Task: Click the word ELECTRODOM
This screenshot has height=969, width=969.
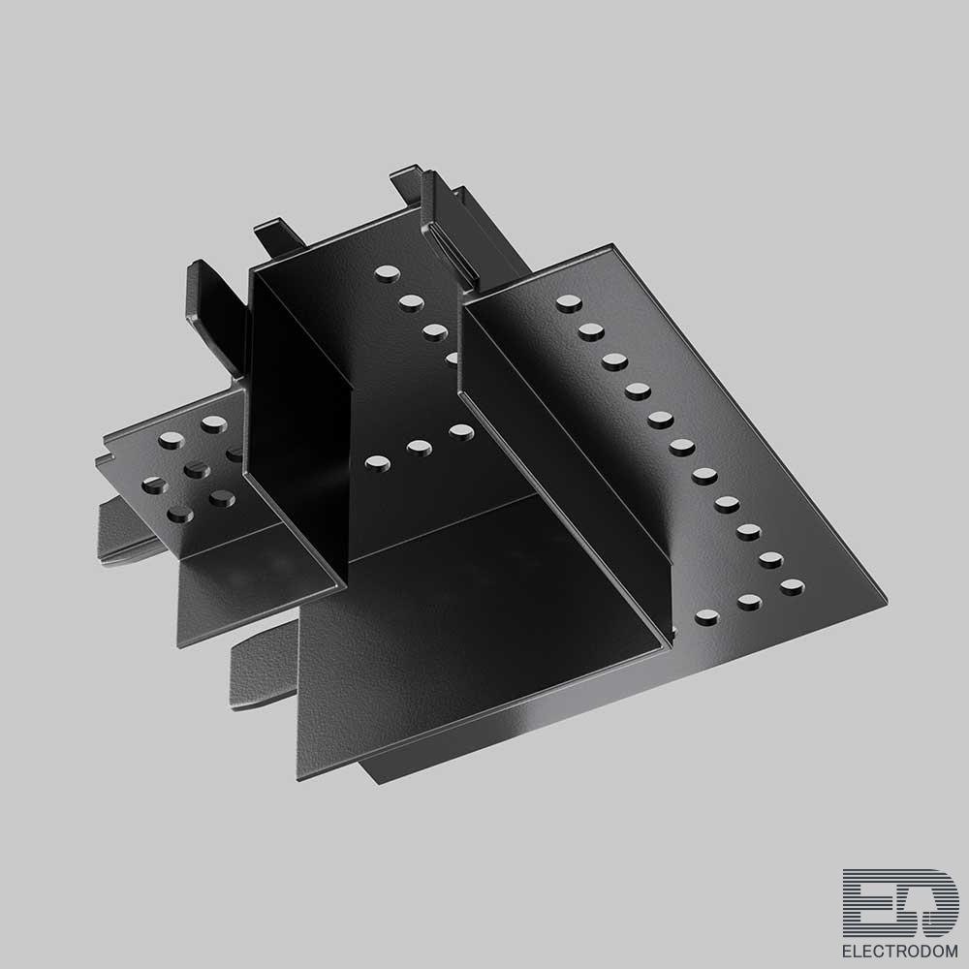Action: pyautogui.click(x=900, y=952)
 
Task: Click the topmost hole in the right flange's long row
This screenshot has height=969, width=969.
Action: pyautogui.click(x=569, y=302)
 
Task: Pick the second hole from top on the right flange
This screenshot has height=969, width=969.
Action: pyautogui.click(x=591, y=331)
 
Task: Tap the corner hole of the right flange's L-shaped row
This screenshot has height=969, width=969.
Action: pyautogui.click(x=793, y=586)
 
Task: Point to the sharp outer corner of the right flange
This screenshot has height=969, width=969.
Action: pyautogui.click(x=887, y=600)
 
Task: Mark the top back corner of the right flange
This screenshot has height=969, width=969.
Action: pyautogui.click(x=611, y=244)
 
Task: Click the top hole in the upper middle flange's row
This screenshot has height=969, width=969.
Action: pyautogui.click(x=387, y=273)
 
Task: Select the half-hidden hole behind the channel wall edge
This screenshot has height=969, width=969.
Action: pyautogui.click(x=452, y=359)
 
